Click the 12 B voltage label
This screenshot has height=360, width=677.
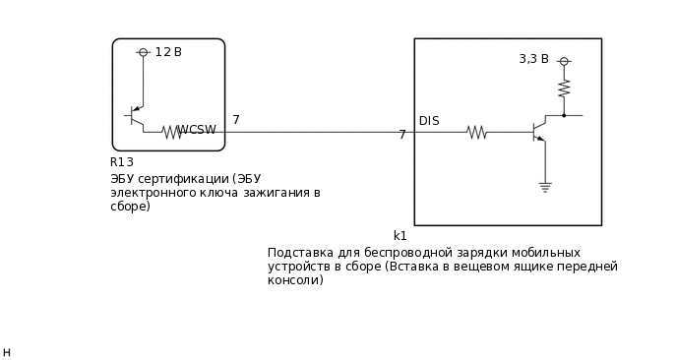(168, 52)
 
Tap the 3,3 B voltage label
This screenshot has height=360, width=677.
(533, 59)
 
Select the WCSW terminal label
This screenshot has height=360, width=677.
(197, 130)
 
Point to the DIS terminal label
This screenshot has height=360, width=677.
(429, 121)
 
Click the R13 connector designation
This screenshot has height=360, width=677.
(122, 162)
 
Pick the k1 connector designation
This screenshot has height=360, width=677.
(400, 236)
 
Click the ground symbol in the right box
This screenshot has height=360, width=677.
(544, 185)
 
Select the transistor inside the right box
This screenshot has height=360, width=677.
(538, 131)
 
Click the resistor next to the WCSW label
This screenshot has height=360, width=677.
(171, 131)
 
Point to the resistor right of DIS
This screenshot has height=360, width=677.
(476, 131)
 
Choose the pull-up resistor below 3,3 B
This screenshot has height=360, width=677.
(564, 89)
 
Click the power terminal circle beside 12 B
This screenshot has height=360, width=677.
(143, 52)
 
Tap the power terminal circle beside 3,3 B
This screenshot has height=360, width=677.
(564, 61)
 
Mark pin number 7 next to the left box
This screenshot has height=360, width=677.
(236, 120)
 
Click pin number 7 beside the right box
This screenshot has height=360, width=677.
(402, 135)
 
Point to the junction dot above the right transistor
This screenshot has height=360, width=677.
(564, 115)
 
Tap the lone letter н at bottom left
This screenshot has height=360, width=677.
(7, 352)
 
